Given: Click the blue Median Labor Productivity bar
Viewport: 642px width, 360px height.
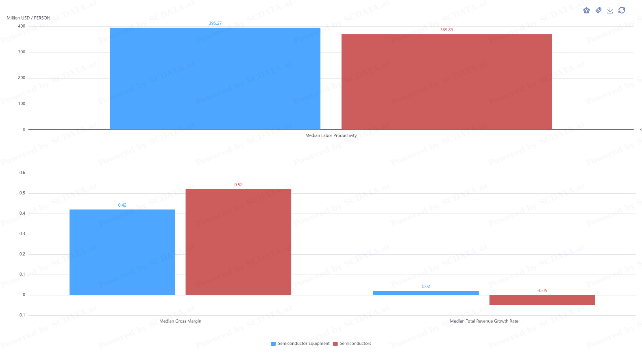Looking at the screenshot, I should [x=215, y=79].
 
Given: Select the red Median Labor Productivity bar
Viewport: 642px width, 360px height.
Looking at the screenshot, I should [x=446, y=82].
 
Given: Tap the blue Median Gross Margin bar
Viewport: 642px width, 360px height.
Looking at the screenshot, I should [x=122, y=252].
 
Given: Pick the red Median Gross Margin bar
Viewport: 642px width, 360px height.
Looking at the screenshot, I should [x=238, y=242].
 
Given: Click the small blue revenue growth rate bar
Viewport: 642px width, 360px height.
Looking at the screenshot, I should [x=426, y=293].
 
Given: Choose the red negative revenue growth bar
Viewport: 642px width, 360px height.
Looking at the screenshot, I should [x=542, y=300].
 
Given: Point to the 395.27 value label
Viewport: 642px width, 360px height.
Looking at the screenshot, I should [x=215, y=23].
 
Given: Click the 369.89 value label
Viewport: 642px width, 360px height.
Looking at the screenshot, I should [x=446, y=30].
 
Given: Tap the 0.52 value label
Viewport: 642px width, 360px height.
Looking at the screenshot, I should [x=238, y=185].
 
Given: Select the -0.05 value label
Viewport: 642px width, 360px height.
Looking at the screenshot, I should [x=542, y=290].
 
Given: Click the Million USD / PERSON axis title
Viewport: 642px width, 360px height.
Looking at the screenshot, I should [x=28, y=18].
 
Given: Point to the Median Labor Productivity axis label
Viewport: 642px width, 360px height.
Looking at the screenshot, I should [x=331, y=135].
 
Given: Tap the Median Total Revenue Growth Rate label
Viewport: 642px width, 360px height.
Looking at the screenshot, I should [x=484, y=321].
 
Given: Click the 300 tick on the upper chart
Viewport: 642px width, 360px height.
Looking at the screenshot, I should [x=22, y=52].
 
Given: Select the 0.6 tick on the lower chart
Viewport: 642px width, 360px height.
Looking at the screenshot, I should [x=22, y=173].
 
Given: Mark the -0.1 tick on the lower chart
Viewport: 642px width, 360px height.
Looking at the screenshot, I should [x=22, y=315].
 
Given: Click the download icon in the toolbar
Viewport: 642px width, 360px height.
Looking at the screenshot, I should [x=610, y=10].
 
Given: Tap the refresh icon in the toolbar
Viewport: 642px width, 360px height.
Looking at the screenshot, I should [x=622, y=10].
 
